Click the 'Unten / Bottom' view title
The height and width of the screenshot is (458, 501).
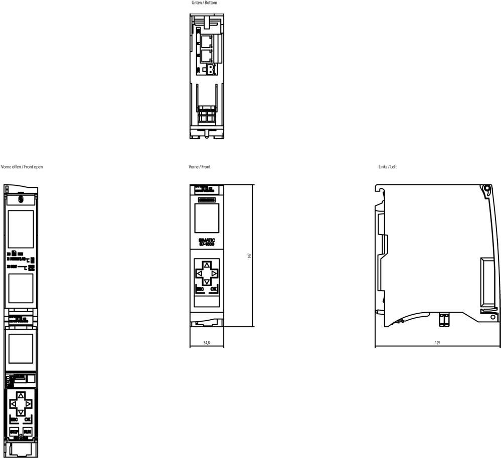pos(204,3)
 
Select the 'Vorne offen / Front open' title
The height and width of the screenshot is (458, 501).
pos(22,167)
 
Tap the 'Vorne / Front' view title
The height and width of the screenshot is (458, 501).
pos(199,167)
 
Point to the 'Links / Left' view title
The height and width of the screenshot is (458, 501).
pos(387,167)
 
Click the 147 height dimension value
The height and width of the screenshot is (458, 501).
pos(249,256)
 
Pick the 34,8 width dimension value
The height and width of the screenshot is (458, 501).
pos(206,343)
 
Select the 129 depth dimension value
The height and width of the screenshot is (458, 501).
pos(438,343)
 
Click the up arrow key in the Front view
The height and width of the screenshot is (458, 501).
pos(207,265)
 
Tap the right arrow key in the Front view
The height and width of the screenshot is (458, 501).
pos(214,274)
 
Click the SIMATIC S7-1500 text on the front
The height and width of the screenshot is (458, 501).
pos(207,242)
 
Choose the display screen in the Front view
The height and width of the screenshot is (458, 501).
pos(207,218)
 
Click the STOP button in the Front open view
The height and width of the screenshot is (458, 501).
pos(14,431)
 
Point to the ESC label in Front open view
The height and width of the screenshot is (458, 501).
pos(14,419)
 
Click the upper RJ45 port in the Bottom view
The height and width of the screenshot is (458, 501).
pos(206,40)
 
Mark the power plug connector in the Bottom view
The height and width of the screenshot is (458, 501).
pos(208,69)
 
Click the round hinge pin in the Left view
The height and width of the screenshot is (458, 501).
pos(486,189)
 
